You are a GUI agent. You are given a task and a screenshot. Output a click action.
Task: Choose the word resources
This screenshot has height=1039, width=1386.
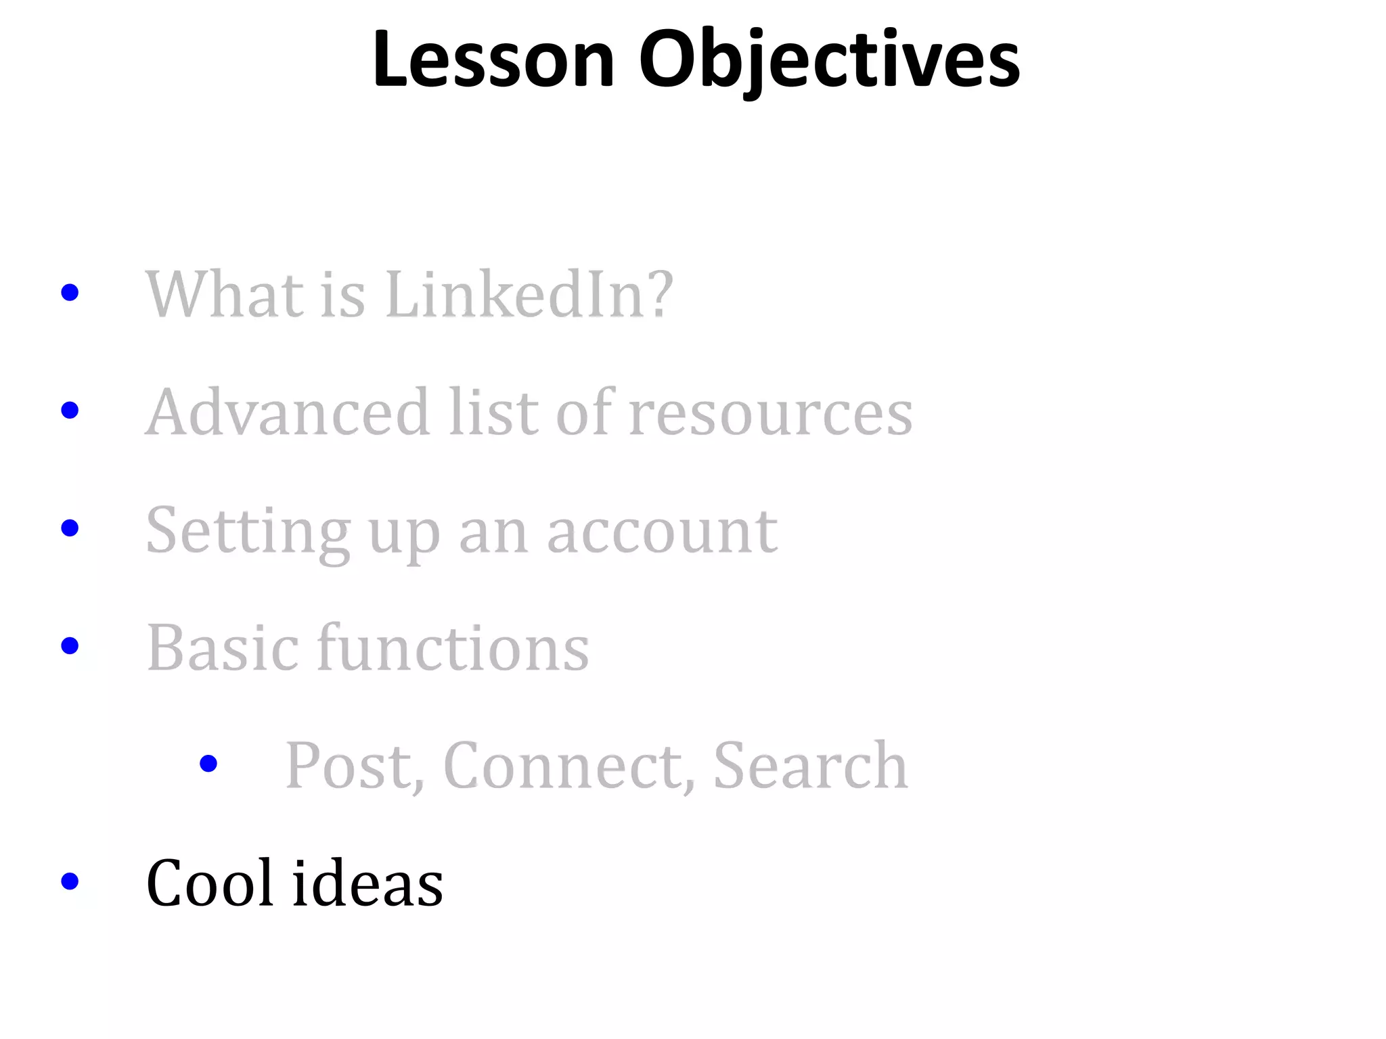click(770, 413)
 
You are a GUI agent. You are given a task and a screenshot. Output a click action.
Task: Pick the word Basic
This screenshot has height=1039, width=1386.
click(223, 648)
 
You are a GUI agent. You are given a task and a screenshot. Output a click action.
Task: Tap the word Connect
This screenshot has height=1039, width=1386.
click(569, 766)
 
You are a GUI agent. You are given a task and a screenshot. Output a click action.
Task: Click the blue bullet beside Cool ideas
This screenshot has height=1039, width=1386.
click(70, 881)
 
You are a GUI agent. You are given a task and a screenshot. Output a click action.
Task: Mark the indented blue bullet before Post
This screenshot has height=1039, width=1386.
click(208, 764)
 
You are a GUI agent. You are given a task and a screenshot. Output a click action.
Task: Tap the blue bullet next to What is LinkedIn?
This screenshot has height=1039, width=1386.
click(70, 292)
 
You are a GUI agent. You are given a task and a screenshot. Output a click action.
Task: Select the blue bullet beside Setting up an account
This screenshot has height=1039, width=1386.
click(70, 528)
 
